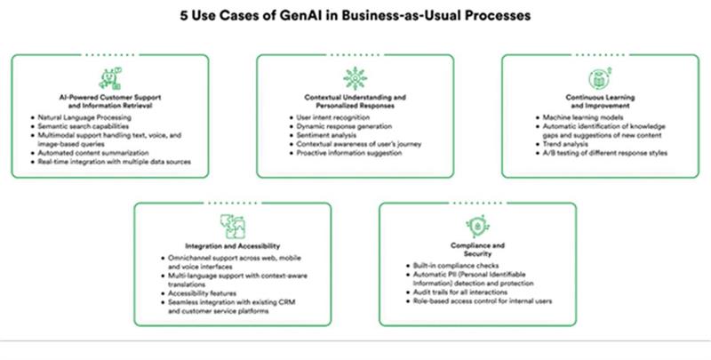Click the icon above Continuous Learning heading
pyautogui.click(x=597, y=77)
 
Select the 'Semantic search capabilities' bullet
pyautogui.click(x=81, y=126)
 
